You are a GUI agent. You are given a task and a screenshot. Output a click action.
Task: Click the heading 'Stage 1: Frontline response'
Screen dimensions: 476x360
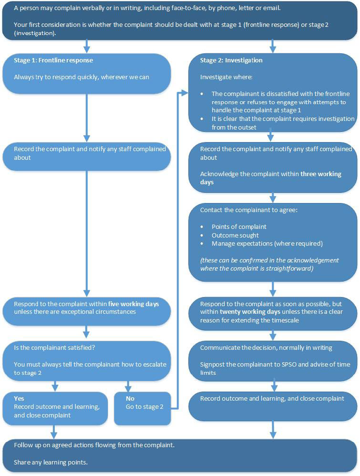[53, 61]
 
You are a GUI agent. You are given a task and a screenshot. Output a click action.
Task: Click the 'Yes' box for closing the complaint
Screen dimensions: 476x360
[55, 407]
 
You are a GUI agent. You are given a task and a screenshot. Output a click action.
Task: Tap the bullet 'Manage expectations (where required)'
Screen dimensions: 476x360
[267, 243]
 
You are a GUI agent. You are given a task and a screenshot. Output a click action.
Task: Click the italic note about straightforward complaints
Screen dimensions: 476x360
[269, 264]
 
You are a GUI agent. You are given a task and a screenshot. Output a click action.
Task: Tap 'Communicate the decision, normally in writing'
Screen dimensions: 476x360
[267, 348]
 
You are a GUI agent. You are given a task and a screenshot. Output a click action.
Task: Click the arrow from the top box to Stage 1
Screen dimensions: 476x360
[87, 46]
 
